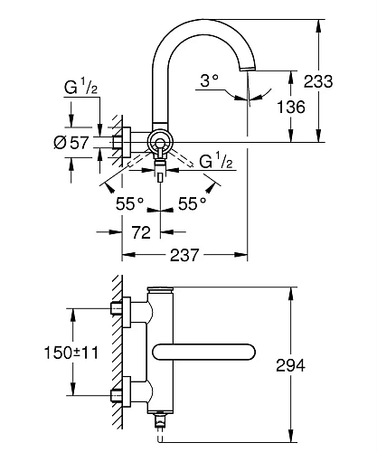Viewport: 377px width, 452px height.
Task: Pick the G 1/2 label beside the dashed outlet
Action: [217, 162]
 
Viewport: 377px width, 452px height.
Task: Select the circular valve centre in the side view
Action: [160, 141]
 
